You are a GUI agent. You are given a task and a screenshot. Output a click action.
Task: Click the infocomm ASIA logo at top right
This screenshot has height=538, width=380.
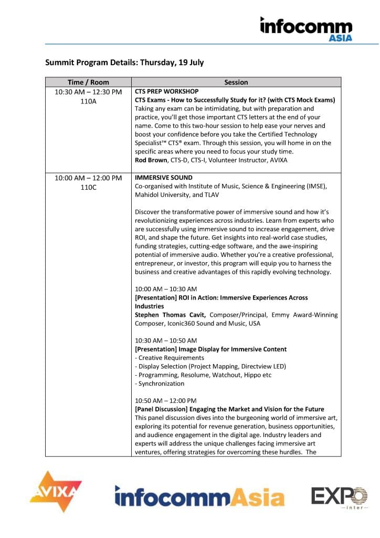[x=306, y=29]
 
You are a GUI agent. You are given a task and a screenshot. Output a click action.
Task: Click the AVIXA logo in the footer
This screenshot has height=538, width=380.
[x=55, y=492]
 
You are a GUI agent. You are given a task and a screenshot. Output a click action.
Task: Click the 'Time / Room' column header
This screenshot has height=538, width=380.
[x=88, y=82]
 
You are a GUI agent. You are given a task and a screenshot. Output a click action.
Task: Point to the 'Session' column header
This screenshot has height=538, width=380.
[x=236, y=82]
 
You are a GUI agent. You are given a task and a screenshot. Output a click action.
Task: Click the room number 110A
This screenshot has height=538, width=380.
[x=88, y=101]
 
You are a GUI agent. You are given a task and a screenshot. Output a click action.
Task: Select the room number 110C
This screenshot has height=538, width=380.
[x=88, y=187]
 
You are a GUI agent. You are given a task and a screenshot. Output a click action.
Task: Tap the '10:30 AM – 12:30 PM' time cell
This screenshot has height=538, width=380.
[x=88, y=92]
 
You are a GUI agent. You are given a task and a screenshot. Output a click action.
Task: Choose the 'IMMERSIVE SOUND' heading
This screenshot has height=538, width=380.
[x=164, y=178]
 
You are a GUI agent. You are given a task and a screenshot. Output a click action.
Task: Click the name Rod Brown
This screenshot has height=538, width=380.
[x=152, y=160]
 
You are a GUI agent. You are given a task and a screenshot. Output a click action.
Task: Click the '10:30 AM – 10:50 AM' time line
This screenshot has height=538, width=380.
[x=166, y=340]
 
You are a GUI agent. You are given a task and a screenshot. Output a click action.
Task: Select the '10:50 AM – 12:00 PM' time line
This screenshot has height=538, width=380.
[x=166, y=400]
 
